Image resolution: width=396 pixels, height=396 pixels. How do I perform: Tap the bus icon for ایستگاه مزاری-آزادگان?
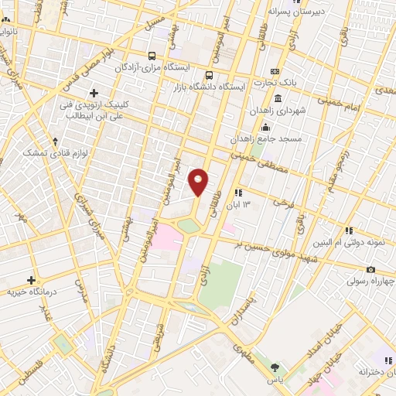click(x=152, y=56)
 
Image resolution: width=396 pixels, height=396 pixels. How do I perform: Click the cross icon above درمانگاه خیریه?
click(x=32, y=280)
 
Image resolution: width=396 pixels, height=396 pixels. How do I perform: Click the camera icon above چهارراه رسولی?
click(x=371, y=269)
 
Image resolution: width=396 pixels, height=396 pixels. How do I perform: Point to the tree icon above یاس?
click(x=274, y=367)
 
